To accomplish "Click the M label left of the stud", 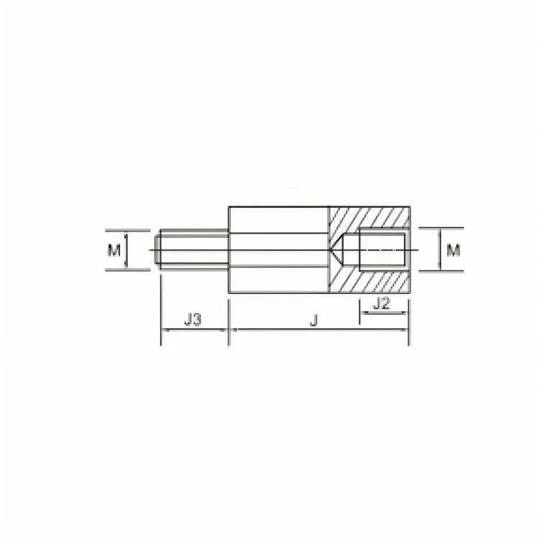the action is tap(114, 250).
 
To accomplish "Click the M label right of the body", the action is tap(453, 250).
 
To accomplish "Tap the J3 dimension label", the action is tap(192, 320).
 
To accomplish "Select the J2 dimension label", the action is tap(382, 303).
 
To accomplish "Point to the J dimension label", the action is tap(313, 320).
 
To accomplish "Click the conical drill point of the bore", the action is tap(337, 250).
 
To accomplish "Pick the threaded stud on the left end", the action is tap(192, 250).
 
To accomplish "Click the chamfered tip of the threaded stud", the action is tap(157, 250).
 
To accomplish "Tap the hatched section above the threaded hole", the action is tap(369, 217).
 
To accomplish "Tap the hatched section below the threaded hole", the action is tap(369, 281).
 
